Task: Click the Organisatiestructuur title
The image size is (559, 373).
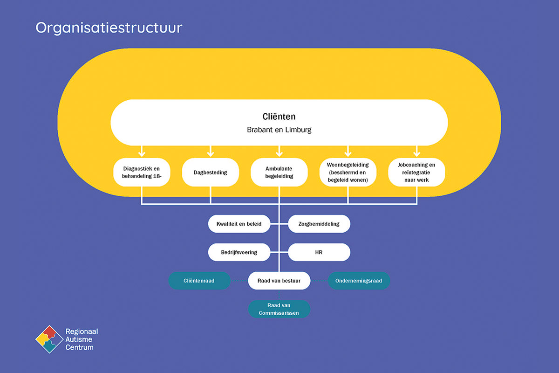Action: [109, 28]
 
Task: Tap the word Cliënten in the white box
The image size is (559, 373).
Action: [279, 117]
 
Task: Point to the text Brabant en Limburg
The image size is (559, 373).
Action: [279, 130]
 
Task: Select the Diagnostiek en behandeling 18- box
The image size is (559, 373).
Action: [142, 172]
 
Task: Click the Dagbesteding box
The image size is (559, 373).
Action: [211, 172]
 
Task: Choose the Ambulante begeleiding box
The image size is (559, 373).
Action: [279, 172]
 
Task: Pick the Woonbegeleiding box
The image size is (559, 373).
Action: [348, 172]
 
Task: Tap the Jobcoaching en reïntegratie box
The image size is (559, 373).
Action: [416, 172]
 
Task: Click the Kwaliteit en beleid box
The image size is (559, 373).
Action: [239, 224]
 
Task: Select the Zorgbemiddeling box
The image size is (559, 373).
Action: [319, 224]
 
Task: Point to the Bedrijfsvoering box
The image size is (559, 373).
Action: [239, 252]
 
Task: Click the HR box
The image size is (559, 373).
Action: [319, 252]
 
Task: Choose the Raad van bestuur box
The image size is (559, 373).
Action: [279, 281]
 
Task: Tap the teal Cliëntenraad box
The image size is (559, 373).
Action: [199, 281]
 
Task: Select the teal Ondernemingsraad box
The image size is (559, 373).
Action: [359, 281]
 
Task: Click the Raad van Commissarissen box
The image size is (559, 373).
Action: [279, 309]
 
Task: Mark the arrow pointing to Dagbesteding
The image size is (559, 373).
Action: [211, 151]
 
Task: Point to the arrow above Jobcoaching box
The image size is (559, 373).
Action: [416, 151]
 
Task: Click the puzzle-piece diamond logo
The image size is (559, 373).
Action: [49, 339]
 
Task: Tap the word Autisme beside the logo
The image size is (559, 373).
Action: [79, 339]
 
